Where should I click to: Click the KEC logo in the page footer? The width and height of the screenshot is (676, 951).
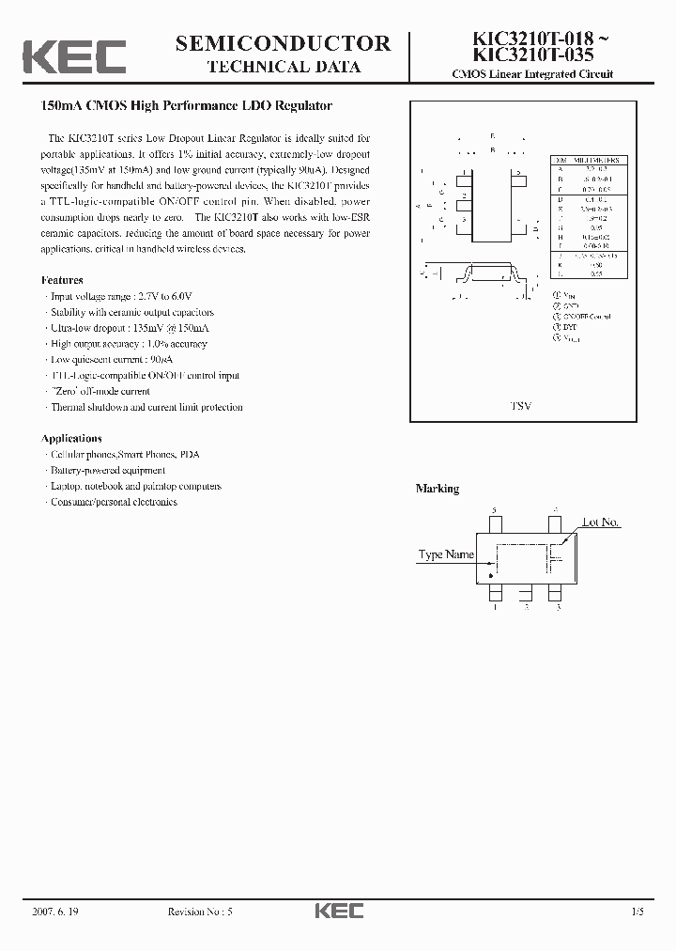pyautogui.click(x=338, y=911)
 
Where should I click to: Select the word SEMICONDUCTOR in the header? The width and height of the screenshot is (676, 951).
pyautogui.click(x=283, y=42)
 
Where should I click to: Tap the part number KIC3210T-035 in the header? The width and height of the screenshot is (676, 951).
pyautogui.click(x=525, y=55)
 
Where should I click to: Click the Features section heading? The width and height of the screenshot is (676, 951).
pyautogui.click(x=62, y=280)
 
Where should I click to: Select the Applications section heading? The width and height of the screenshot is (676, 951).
pyautogui.click(x=71, y=438)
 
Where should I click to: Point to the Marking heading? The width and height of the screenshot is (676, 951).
pyautogui.click(x=438, y=489)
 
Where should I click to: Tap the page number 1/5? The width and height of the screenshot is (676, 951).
pyautogui.click(x=638, y=911)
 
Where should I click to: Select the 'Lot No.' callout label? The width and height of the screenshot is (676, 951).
pyautogui.click(x=601, y=522)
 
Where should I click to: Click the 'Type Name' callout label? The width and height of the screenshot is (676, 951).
pyautogui.click(x=445, y=554)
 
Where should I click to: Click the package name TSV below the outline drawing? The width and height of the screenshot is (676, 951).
pyautogui.click(x=520, y=406)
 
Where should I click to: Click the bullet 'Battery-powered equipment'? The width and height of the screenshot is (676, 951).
pyautogui.click(x=106, y=470)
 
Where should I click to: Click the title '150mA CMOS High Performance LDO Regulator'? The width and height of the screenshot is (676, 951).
pyautogui.click(x=186, y=106)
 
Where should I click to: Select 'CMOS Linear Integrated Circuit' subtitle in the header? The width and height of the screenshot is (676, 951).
pyautogui.click(x=532, y=74)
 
